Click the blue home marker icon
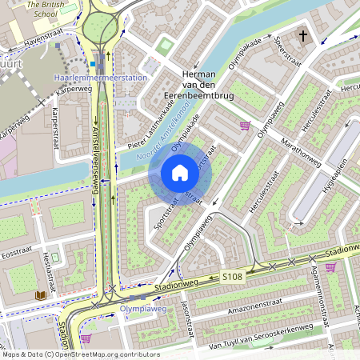pyautogui.click(x=180, y=173)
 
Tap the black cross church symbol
pyautogui.click(x=303, y=35)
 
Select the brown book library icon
pyautogui.click(x=40, y=296)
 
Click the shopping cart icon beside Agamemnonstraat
pyautogui.click(x=330, y=267)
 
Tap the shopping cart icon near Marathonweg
pyautogui.click(x=245, y=125)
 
